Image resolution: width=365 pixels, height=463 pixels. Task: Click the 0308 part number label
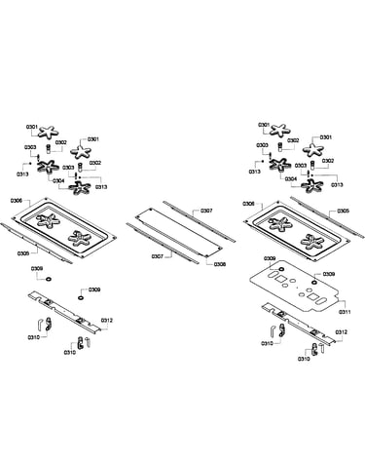(x=220, y=264)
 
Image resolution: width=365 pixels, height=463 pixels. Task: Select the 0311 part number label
(x=345, y=312)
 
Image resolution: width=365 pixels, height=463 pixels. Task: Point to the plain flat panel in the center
(x=179, y=231)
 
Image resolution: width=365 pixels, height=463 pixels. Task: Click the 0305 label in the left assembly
(x=24, y=252)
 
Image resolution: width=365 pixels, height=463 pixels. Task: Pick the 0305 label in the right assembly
(x=344, y=212)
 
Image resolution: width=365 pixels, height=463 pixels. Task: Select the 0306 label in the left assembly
(x=17, y=201)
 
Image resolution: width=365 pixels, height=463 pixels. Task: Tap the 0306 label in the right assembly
(x=248, y=204)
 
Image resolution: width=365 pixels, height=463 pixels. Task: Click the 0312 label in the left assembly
(x=107, y=321)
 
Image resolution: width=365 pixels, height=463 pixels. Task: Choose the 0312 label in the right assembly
(x=342, y=332)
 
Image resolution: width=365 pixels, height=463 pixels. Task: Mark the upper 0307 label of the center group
(x=206, y=211)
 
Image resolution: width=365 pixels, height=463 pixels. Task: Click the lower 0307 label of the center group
(x=158, y=256)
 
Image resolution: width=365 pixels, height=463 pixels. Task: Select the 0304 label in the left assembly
(x=59, y=180)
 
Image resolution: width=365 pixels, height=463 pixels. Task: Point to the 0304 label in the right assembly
(x=291, y=179)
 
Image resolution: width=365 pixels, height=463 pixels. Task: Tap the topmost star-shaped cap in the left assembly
(x=49, y=132)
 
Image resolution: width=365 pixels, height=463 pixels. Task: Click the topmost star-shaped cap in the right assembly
(x=278, y=131)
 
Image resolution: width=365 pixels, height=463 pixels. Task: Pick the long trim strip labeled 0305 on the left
(x=36, y=243)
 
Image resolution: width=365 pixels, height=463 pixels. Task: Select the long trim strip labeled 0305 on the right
(x=328, y=216)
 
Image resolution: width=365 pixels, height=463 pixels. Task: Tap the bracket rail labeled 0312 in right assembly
(x=299, y=324)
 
